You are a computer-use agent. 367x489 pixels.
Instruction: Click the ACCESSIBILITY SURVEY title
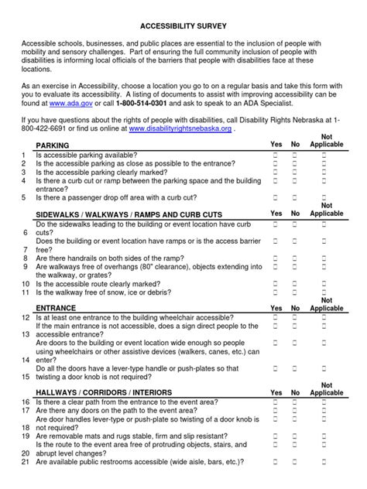pos(183,25)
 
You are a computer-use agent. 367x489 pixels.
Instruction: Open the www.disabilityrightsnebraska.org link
pos(180,129)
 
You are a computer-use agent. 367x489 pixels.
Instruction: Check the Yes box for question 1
pos(276,156)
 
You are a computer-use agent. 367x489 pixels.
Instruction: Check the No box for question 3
pos(295,174)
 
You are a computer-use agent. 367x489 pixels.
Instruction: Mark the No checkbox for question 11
pos(295,292)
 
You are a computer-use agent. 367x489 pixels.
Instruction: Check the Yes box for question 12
pos(276,318)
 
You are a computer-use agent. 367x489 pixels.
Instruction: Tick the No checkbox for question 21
pos(295,462)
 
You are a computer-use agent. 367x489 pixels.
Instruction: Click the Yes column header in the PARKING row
pos(276,145)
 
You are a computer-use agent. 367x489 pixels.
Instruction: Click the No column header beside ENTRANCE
pos(295,307)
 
